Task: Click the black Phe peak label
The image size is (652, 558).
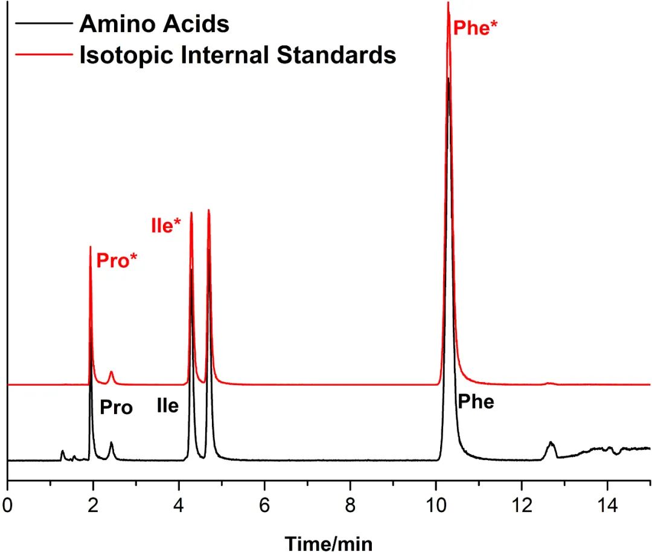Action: pos(476,401)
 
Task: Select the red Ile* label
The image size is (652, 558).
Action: pos(166,226)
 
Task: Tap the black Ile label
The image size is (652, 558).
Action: pos(168,406)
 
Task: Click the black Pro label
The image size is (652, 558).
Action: pos(116,408)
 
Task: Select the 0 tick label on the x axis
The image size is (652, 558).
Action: pos(7,504)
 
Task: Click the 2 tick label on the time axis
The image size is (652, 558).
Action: pos(93,504)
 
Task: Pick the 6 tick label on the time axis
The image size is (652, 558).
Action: pos(264,504)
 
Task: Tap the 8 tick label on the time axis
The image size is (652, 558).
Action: pos(350,504)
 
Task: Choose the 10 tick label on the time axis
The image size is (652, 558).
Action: pos(436,504)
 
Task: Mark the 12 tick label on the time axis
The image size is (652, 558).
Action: pos(522,504)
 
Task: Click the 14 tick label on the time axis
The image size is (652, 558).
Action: pos(607,504)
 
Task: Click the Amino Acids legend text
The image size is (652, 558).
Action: pos(155,24)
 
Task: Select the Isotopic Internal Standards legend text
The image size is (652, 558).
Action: pos(237,55)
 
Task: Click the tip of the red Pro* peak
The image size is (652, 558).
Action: pos(91,247)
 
